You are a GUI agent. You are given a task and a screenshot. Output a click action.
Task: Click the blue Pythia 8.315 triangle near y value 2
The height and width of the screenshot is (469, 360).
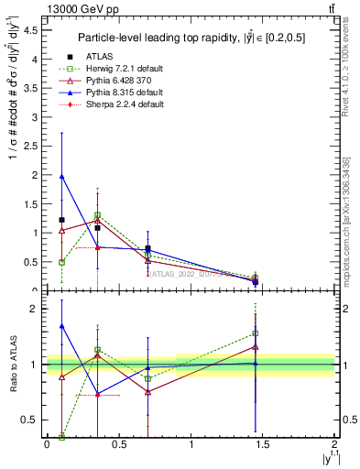61,176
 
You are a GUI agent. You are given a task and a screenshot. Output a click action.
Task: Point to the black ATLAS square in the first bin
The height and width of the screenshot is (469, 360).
61,220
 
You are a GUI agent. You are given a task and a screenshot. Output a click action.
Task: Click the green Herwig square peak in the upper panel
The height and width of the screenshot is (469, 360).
97,215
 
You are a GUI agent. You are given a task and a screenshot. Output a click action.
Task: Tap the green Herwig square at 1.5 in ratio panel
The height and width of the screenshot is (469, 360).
256,333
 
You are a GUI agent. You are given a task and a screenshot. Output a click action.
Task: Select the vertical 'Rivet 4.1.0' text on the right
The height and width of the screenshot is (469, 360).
345,73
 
